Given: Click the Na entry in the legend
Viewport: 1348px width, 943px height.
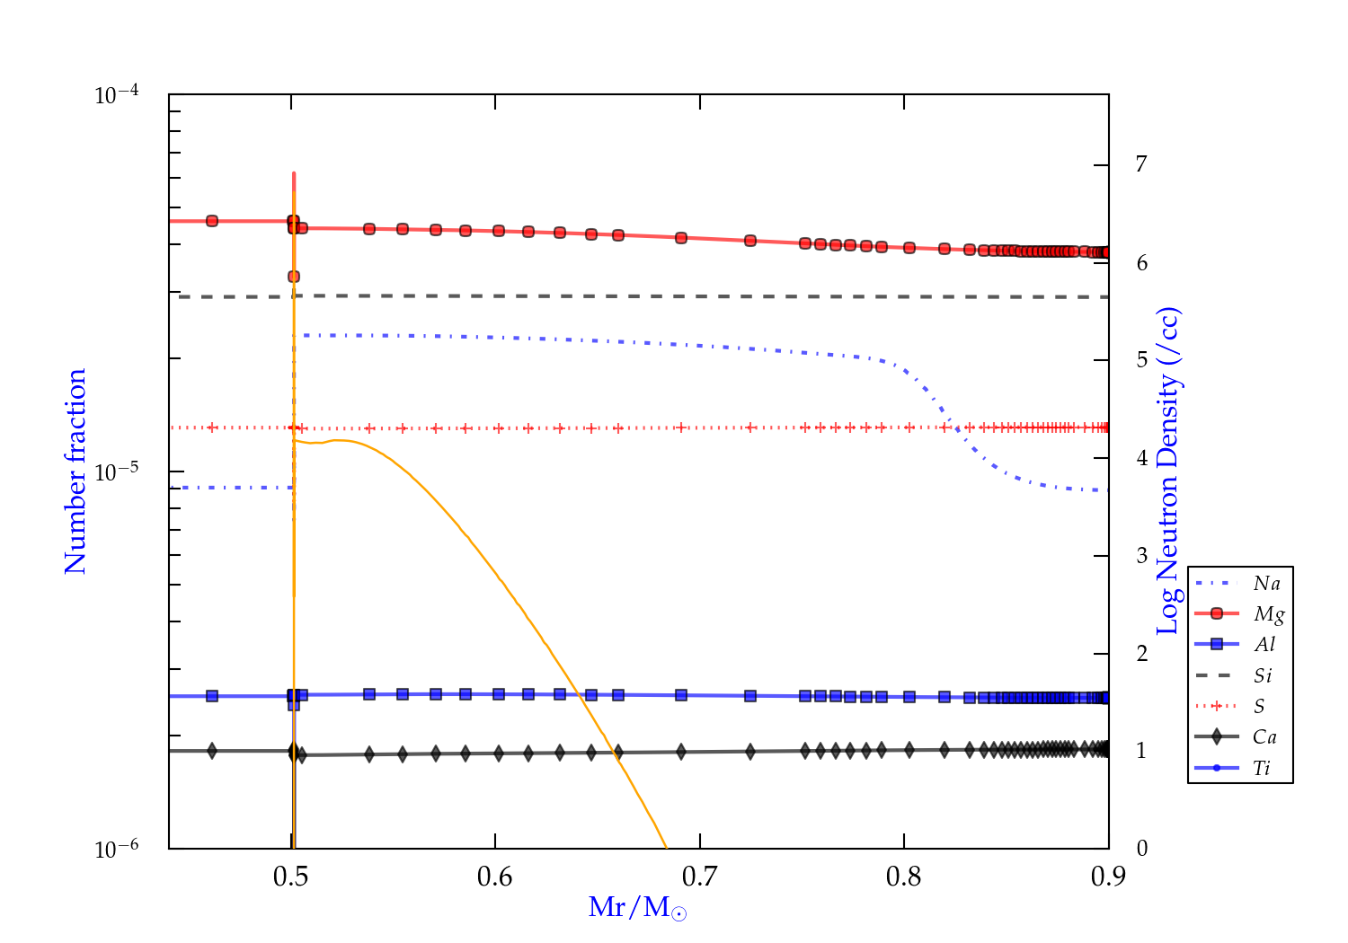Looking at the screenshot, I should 1266,584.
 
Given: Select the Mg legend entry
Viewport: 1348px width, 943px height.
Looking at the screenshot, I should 1268,614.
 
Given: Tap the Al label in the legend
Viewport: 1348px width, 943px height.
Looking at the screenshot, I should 1265,645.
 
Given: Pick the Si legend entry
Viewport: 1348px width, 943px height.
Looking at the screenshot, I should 1263,675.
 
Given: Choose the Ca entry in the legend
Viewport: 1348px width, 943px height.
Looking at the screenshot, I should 1264,737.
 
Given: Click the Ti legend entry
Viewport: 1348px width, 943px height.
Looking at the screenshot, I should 1262,768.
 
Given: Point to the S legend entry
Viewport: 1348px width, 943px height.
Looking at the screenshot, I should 1259,707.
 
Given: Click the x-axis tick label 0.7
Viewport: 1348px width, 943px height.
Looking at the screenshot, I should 699,877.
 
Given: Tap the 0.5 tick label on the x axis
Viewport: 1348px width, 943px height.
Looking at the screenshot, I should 290,877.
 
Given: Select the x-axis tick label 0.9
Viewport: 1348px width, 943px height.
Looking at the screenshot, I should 1108,877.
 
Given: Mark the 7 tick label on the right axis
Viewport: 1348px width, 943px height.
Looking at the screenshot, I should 1141,164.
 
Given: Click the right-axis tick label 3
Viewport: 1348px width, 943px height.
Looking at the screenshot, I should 1141,556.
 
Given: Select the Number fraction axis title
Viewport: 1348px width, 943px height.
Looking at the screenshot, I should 75,471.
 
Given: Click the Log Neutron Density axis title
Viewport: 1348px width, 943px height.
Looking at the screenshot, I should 1168,471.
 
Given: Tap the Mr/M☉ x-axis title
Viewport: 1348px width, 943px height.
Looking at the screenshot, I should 638,908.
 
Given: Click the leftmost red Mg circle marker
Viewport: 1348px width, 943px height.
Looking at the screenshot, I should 212,221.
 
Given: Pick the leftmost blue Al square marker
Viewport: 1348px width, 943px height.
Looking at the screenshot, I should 212,696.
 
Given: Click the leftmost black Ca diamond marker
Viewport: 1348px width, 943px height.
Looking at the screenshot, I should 212,751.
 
